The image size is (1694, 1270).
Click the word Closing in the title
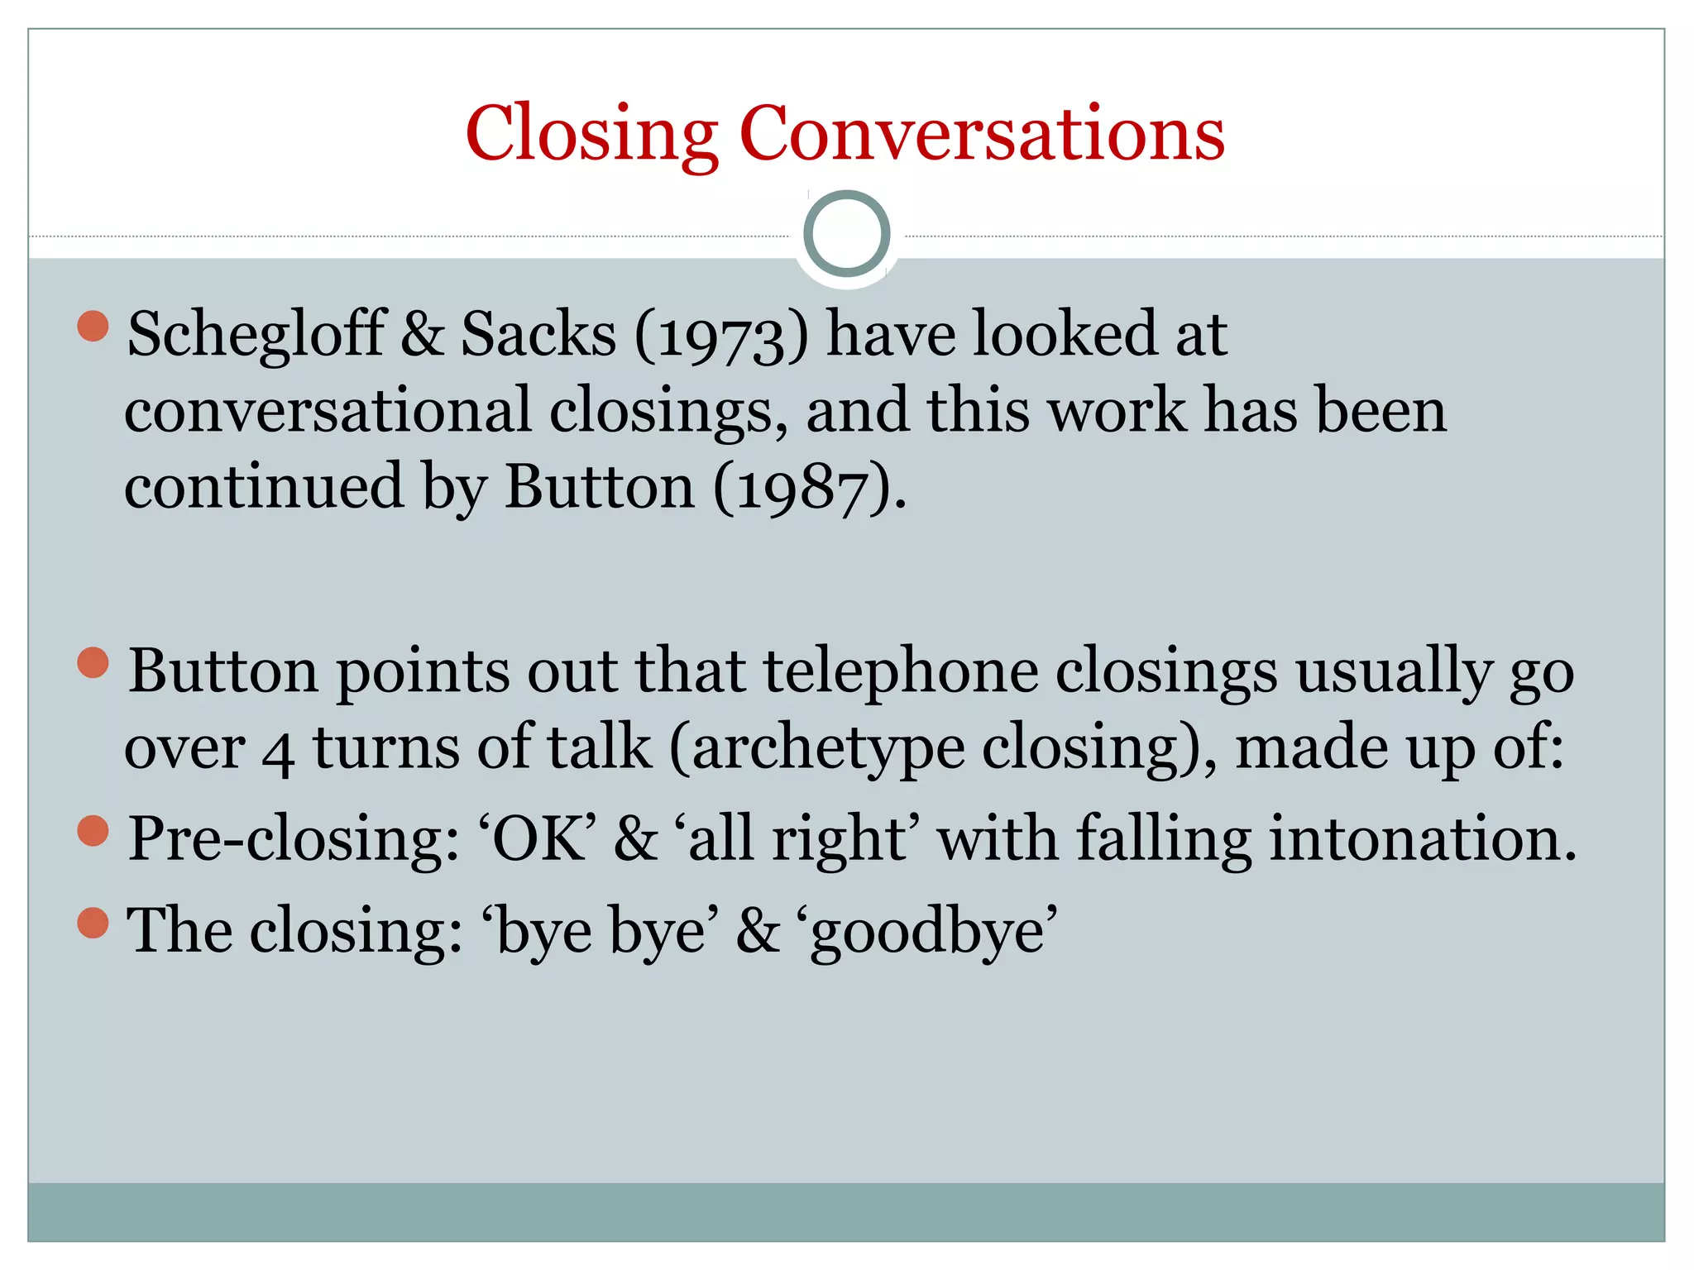pyautogui.click(x=591, y=134)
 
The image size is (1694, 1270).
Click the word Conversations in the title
pyautogui.click(x=981, y=134)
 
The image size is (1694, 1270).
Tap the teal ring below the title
pyautogui.click(x=846, y=233)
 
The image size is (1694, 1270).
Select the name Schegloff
pyautogui.click(x=256, y=334)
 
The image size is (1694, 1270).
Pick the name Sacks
pyautogui.click(x=538, y=334)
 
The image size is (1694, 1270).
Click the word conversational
pyautogui.click(x=328, y=410)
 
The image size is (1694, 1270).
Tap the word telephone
pyautogui.click(x=901, y=671)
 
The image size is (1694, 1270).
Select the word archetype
pyautogui.click(x=828, y=748)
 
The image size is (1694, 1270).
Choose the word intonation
pyautogui.click(x=1423, y=839)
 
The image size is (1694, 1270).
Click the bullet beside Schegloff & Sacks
pyautogui.click(x=93, y=326)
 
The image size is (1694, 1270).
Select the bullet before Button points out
pyautogui.click(x=93, y=663)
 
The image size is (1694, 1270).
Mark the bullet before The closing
pyautogui.click(x=93, y=923)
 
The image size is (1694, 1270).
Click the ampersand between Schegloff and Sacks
pyautogui.click(x=423, y=334)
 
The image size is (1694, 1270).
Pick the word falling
pyautogui.click(x=1164, y=839)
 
